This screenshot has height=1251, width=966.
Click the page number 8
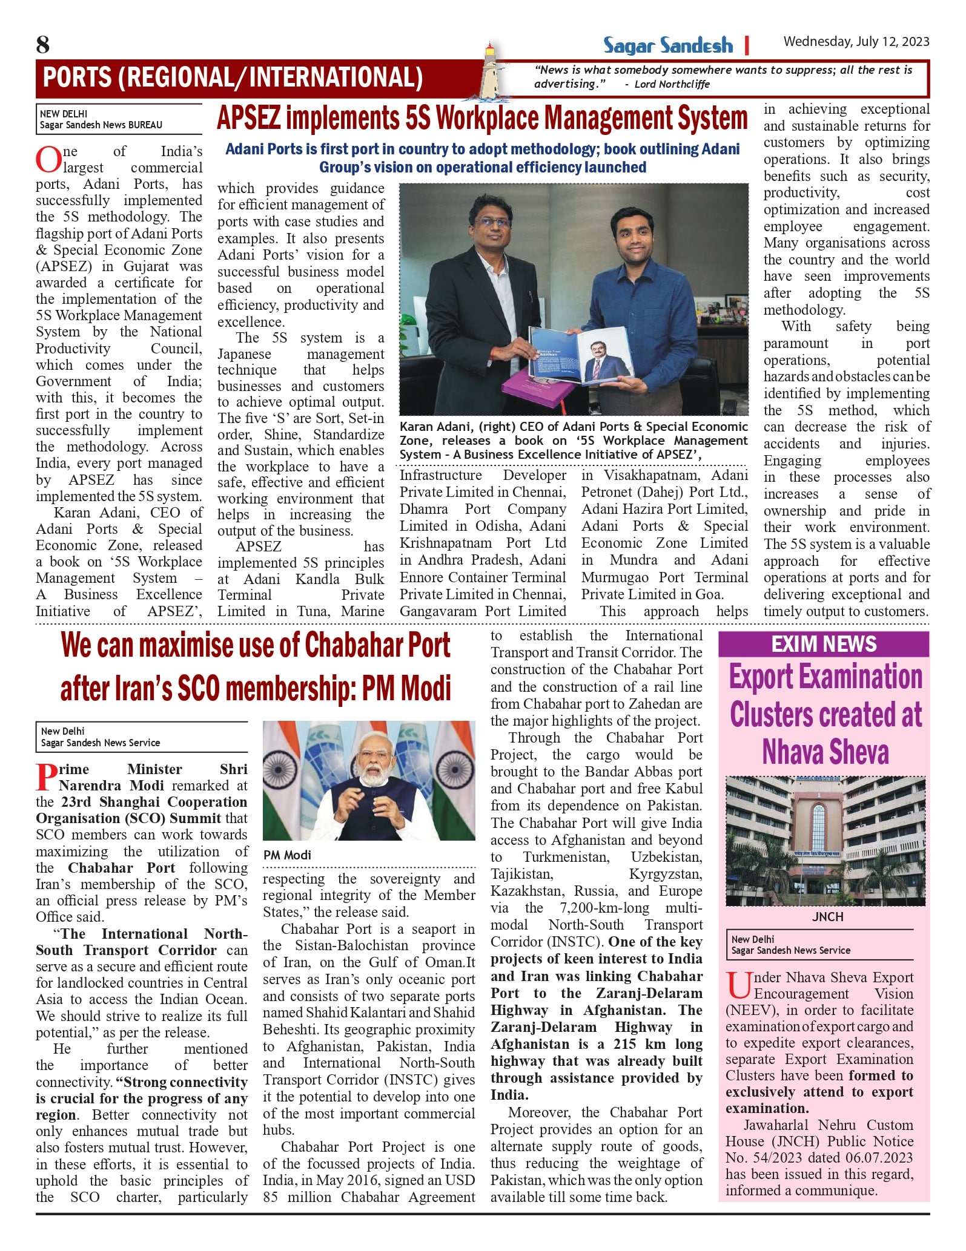tap(43, 44)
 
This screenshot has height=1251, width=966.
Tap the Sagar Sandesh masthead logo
tap(667, 45)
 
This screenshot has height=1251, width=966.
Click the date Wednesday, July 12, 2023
tap(856, 41)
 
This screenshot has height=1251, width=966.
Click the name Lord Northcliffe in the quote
tap(672, 84)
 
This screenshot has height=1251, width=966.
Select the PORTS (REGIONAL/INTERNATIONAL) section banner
tap(233, 77)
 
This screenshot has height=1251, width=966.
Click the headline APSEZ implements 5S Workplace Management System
tap(482, 118)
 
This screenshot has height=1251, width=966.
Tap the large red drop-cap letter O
tap(47, 160)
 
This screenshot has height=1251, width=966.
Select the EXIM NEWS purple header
tap(823, 644)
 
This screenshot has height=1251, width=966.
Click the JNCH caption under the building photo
tap(827, 916)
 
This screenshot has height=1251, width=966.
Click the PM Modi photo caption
tap(287, 855)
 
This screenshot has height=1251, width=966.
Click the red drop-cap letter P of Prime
tap(47, 777)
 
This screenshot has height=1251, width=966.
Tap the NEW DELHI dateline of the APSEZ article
tap(64, 114)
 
